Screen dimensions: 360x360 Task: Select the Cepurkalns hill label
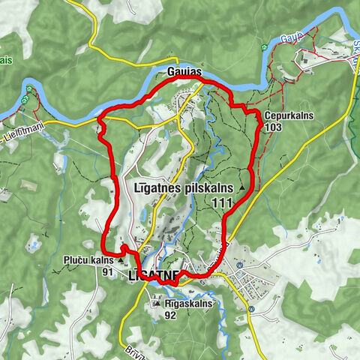pos(284,116)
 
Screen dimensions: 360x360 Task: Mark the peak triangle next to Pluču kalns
pos(120,261)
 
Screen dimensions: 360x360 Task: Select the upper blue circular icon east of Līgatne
pos(239,265)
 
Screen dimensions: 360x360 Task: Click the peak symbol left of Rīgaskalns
pos(156,304)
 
